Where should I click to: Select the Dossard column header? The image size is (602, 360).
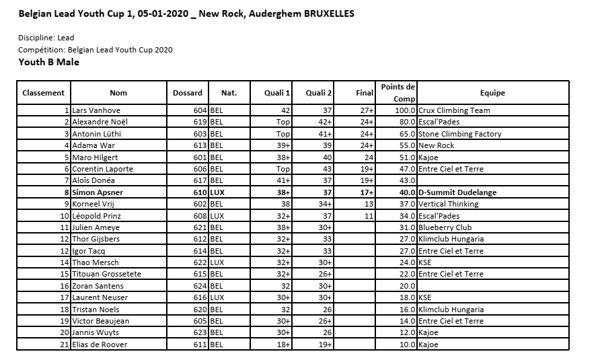(187, 93)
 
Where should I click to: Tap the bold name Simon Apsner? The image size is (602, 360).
(98, 192)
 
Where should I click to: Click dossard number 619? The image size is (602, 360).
(200, 122)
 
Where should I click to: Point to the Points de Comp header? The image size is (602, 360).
(398, 93)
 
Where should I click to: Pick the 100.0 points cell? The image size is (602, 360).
(405, 110)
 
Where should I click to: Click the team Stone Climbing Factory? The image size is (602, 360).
(459, 134)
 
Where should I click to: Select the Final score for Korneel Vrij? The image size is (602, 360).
(369, 204)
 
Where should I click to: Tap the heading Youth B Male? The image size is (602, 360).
(48, 63)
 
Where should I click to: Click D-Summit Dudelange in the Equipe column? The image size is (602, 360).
(457, 192)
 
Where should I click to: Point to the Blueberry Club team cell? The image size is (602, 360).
(445, 227)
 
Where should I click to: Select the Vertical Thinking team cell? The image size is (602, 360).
(448, 204)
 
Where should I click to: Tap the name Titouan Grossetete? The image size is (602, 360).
(108, 275)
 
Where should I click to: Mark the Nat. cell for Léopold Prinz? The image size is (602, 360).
(217, 216)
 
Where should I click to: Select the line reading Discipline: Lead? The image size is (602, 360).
(46, 38)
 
